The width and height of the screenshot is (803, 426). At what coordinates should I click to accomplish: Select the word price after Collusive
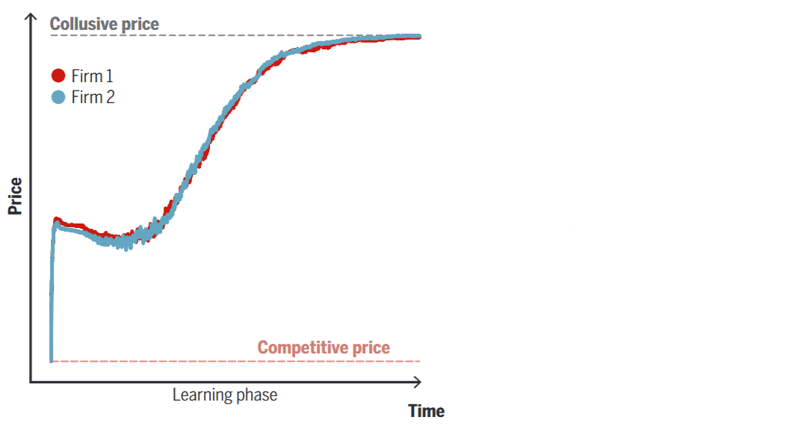click(138, 24)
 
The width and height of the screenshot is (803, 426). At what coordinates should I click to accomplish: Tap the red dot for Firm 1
click(58, 75)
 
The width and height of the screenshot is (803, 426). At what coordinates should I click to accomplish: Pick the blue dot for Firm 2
click(58, 97)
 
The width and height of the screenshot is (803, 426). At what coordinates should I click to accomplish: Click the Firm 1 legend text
click(92, 75)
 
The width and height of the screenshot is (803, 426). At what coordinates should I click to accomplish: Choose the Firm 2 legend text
click(93, 97)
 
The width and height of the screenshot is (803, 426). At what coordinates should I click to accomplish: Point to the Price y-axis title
click(15, 196)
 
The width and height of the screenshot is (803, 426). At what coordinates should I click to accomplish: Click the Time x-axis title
click(426, 410)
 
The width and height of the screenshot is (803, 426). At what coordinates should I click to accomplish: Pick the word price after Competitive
click(368, 348)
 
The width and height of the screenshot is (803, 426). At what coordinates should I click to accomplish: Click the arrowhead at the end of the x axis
click(418, 382)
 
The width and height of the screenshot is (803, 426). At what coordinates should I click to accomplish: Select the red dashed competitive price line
click(224, 362)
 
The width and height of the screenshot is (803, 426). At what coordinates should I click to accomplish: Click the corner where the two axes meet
click(31, 382)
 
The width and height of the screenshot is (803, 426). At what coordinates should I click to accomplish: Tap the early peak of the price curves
click(56, 222)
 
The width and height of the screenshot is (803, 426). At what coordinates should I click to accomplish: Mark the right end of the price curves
click(418, 36)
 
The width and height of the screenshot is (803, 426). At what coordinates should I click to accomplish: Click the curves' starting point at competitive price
click(51, 360)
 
